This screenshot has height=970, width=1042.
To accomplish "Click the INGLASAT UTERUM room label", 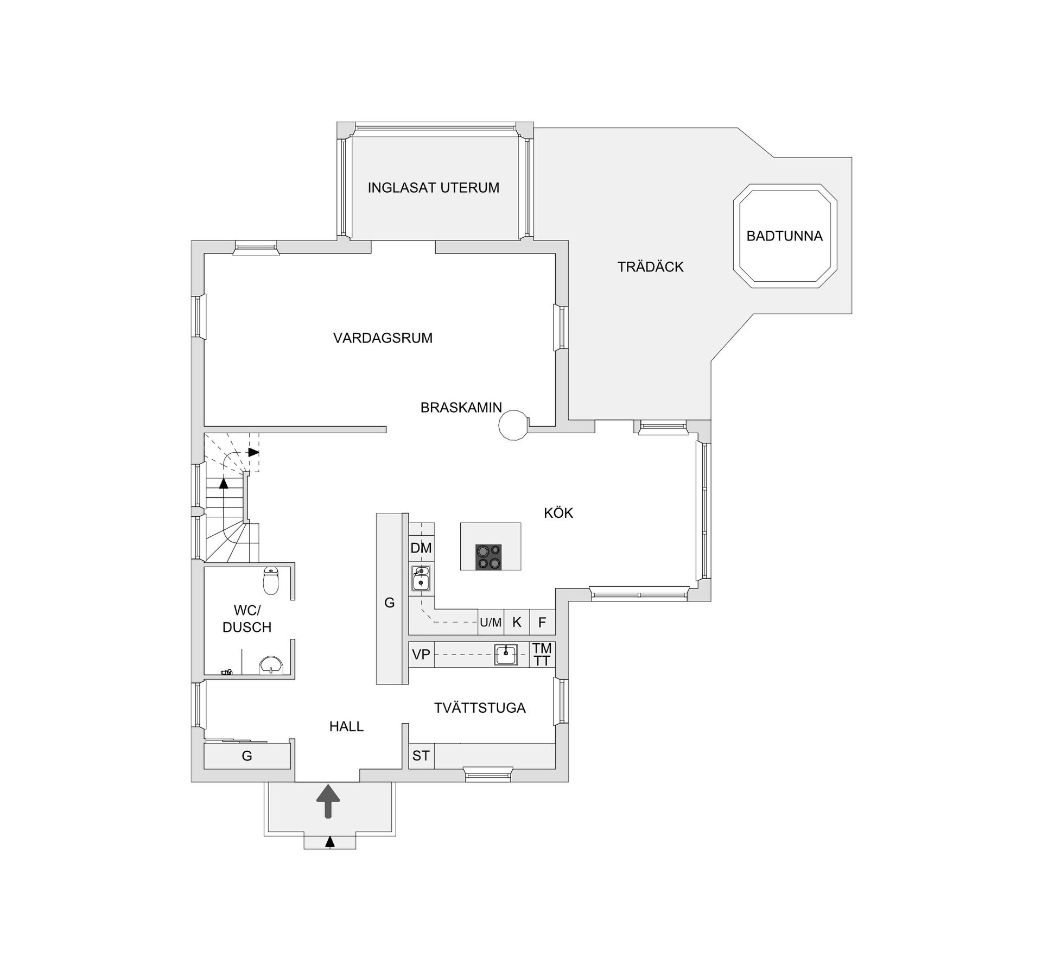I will click(x=433, y=188).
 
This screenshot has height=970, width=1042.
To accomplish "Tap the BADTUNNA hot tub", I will click(x=784, y=236).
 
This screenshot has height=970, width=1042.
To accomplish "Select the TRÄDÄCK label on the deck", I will click(x=650, y=267).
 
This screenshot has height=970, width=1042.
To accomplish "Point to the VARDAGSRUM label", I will click(x=383, y=338).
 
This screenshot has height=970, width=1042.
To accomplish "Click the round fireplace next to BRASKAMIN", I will click(x=513, y=424).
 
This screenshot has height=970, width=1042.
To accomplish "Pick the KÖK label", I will click(x=558, y=513).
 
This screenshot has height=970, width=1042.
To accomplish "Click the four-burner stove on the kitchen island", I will click(x=488, y=557).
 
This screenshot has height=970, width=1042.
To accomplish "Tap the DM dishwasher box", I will click(x=421, y=548).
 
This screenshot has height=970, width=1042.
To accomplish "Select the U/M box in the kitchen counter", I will click(x=491, y=623).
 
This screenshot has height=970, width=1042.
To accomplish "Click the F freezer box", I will click(x=542, y=623).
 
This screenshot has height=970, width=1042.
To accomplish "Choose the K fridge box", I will click(x=517, y=623).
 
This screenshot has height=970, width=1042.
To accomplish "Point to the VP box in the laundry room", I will click(x=421, y=655).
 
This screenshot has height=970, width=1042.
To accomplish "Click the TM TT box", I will click(x=542, y=655).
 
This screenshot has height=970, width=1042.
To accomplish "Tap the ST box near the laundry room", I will click(x=421, y=756).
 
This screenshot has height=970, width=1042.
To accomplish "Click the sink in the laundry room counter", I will click(x=506, y=655).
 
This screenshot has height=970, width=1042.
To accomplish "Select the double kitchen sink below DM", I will click(x=421, y=578).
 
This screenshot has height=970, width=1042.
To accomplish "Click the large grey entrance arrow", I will click(x=328, y=801).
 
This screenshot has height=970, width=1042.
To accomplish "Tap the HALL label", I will click(x=346, y=727).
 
